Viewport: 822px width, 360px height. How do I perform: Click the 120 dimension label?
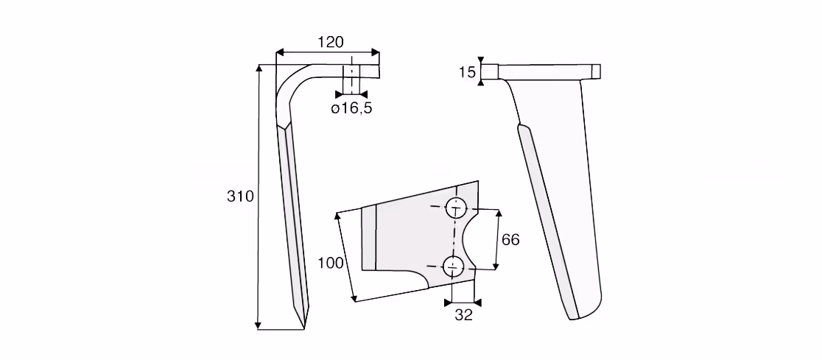pyautogui.click(x=331, y=42)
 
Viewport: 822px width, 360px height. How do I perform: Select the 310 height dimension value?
pyautogui.click(x=240, y=197)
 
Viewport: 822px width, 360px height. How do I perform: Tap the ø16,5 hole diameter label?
pyautogui.click(x=351, y=109)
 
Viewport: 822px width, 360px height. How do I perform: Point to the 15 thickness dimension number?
pyautogui.click(x=467, y=72)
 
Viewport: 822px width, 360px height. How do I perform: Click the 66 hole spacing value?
pyautogui.click(x=510, y=239)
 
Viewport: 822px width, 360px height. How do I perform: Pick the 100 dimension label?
pyautogui.click(x=331, y=263)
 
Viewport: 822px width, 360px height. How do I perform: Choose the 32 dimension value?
pyautogui.click(x=463, y=314)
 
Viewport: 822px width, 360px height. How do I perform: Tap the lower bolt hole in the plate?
pyautogui.click(x=453, y=267)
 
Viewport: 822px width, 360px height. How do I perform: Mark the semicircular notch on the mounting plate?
pyautogui.click(x=465, y=239)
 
